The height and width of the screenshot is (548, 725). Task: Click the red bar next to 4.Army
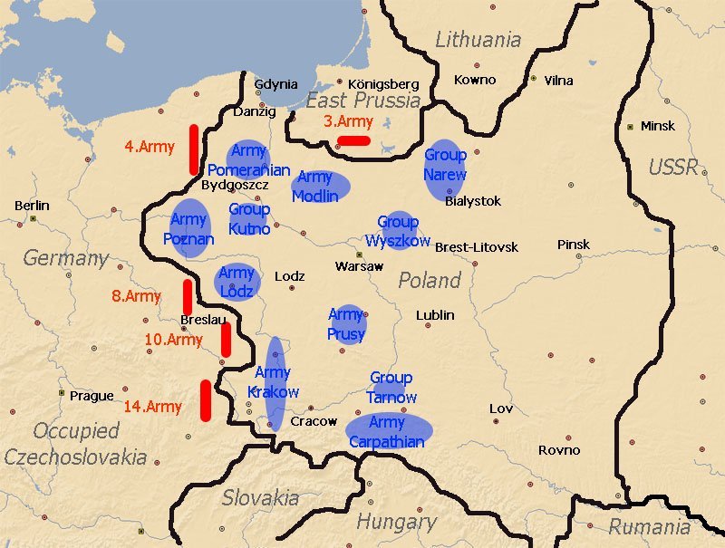click(x=194, y=149)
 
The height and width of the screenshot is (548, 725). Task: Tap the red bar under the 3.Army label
click(x=353, y=140)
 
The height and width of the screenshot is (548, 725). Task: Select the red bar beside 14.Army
click(x=206, y=399)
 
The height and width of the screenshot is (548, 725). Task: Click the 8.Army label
click(x=136, y=296)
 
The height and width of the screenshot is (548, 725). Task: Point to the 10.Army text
click(x=173, y=340)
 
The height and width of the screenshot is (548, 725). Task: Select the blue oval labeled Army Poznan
click(x=189, y=228)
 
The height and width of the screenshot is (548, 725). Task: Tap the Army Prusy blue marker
click(x=346, y=324)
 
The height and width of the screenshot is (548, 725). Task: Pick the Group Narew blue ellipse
click(x=445, y=169)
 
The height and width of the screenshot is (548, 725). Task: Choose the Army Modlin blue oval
click(x=320, y=186)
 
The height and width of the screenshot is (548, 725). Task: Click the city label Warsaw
click(x=359, y=266)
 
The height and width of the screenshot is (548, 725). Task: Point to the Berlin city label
click(x=32, y=206)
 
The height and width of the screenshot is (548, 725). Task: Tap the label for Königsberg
click(x=378, y=83)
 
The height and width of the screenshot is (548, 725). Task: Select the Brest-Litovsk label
click(x=477, y=246)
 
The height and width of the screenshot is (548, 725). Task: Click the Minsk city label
click(x=657, y=126)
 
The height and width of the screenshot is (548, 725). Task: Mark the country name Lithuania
click(x=478, y=40)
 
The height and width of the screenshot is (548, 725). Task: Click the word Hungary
click(x=396, y=522)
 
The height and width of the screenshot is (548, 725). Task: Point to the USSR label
click(x=672, y=167)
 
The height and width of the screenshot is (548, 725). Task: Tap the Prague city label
click(x=92, y=396)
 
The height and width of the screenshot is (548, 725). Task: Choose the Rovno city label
click(x=558, y=450)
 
